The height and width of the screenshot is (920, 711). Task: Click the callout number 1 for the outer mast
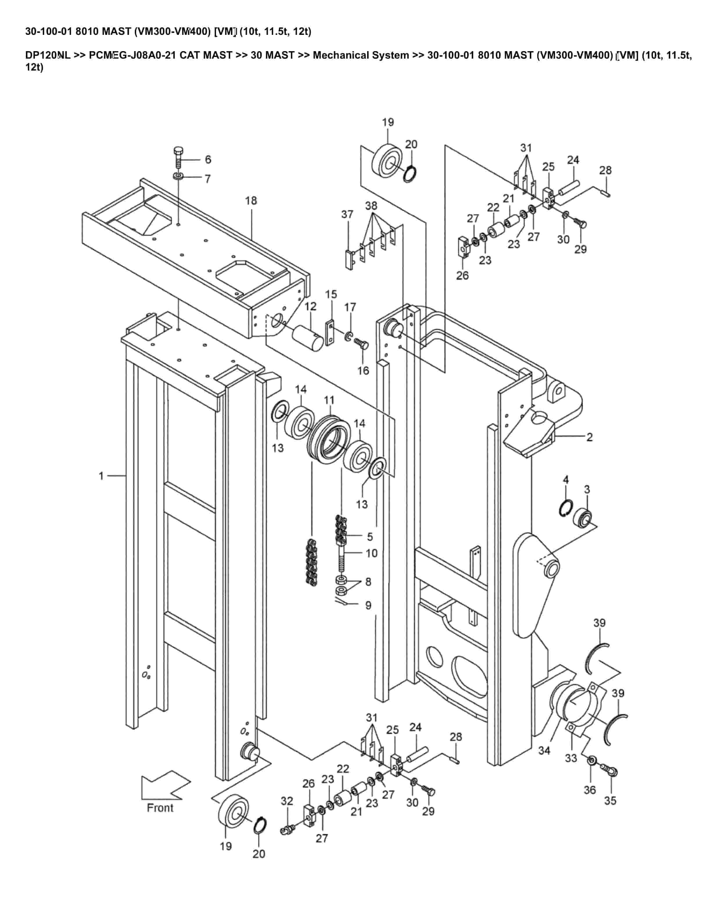point(101,476)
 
